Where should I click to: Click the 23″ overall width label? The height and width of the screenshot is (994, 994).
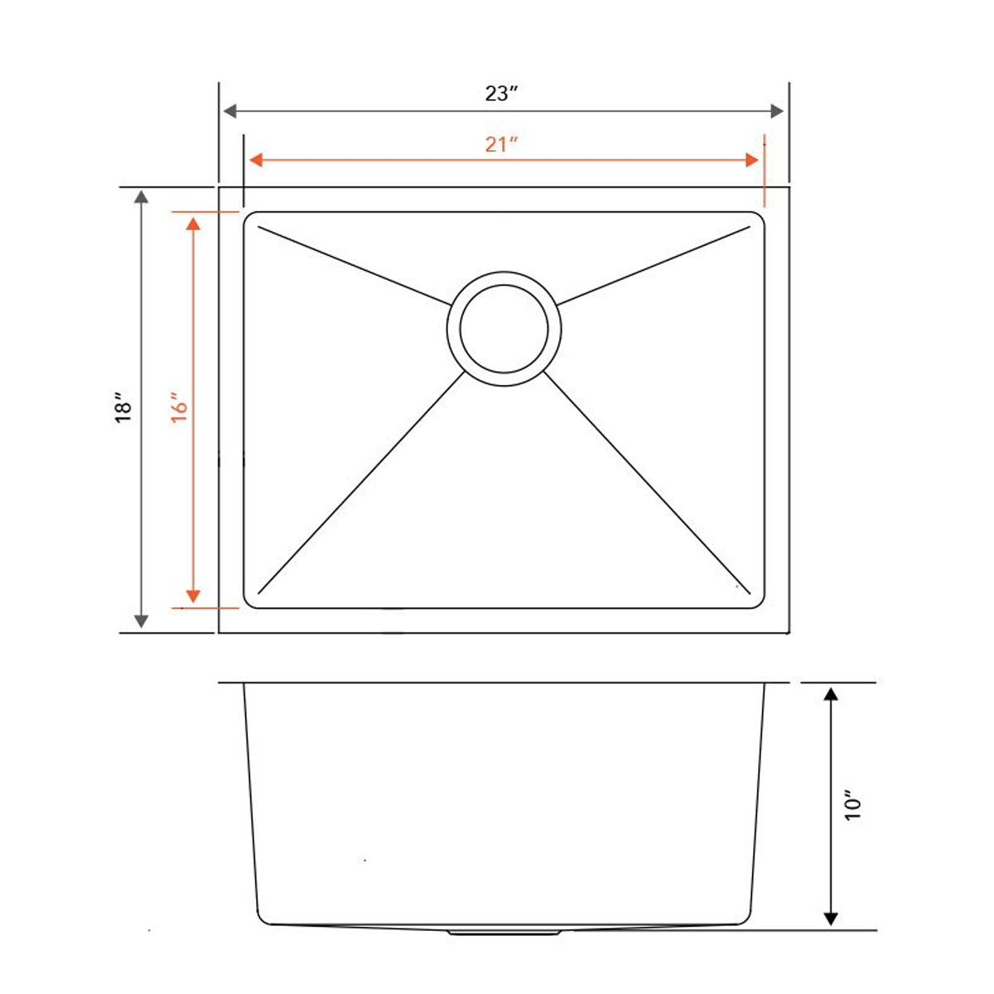click(501, 94)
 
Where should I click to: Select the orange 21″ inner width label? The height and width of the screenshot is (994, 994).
click(501, 144)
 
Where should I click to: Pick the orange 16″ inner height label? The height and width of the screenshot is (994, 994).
click(180, 407)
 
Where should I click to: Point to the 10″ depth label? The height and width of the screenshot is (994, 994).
click(853, 804)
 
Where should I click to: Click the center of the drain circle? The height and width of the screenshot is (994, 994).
click(504, 328)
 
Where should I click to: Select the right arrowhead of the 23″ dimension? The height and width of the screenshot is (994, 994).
click(777, 111)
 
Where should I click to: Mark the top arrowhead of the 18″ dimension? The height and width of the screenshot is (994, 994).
click(142, 196)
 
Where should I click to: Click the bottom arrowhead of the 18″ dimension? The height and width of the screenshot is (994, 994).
click(142, 620)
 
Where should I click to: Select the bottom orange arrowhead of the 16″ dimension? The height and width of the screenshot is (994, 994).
click(193, 596)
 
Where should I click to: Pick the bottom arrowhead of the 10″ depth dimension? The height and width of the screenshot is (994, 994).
click(829, 919)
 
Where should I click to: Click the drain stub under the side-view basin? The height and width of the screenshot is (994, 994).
click(503, 933)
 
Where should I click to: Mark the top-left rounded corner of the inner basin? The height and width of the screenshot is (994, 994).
click(249, 219)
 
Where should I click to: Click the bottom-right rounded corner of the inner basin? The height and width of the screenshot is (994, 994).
click(758, 602)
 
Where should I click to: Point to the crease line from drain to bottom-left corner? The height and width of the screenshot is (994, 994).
click(361, 483)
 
